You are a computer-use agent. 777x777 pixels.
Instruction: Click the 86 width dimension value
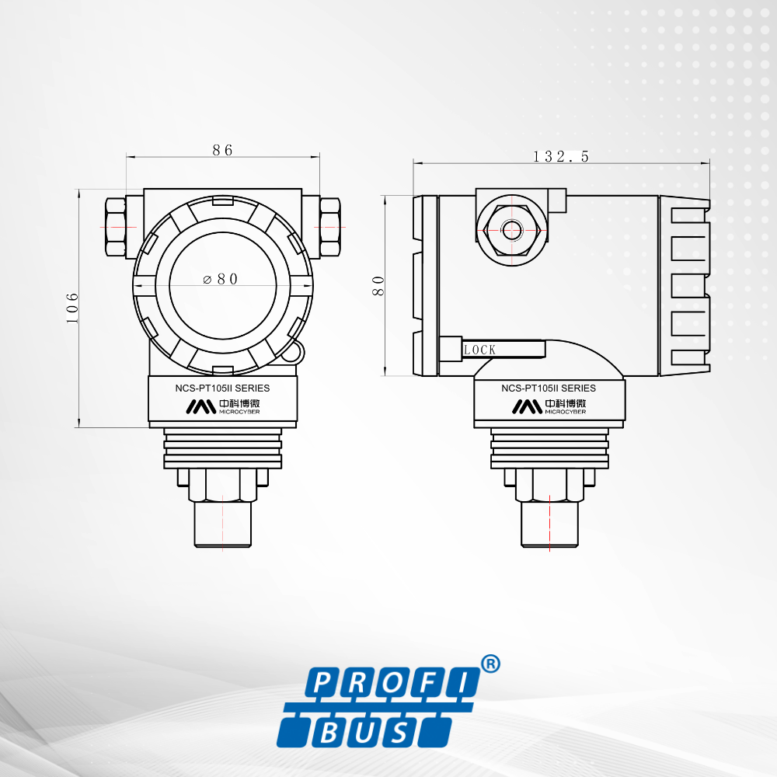pyautogui.click(x=222, y=150)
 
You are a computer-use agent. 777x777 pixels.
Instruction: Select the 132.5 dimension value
pyautogui.click(x=561, y=157)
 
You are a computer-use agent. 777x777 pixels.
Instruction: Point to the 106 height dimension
pyautogui.click(x=72, y=308)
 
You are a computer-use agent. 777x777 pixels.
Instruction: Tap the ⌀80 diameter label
pyautogui.click(x=221, y=279)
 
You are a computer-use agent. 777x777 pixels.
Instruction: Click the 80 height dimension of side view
pyautogui.click(x=378, y=286)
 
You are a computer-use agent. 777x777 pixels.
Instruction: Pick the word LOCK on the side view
pyautogui.click(x=479, y=350)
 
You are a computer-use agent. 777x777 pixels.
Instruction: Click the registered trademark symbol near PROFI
pyautogui.click(x=490, y=664)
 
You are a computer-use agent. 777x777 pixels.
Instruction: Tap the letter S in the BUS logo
pyautogui.click(x=400, y=733)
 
